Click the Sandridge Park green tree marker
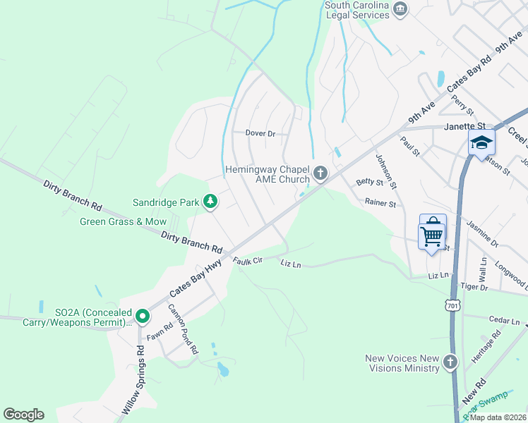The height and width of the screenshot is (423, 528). (210, 202)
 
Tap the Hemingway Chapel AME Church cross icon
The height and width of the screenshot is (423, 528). (320, 173)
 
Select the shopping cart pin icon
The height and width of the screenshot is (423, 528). (432, 233)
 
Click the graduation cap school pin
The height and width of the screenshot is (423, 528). (482, 142)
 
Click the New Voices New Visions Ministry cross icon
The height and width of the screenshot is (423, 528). (450, 363)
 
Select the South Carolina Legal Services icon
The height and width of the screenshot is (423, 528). (401, 8)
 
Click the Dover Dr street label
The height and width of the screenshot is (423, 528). (259, 133)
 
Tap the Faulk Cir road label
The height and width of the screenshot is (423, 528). (248, 260)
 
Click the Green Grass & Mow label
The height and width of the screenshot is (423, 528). (123, 221)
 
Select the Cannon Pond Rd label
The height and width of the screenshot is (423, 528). (183, 329)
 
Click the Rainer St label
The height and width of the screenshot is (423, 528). (380, 203)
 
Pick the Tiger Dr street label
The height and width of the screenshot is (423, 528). (474, 287)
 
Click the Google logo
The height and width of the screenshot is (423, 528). (23, 415)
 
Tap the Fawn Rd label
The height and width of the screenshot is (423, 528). (160, 331)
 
